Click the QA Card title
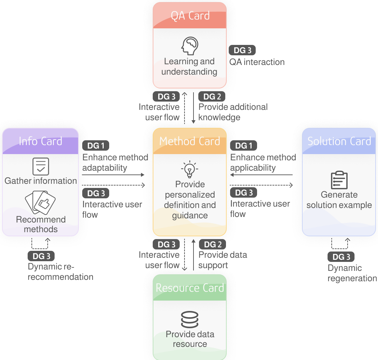[190, 16]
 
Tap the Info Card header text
[40, 141]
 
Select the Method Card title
[190, 141]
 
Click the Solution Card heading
[339, 141]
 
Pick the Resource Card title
[190, 288]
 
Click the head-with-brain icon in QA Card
[190, 46]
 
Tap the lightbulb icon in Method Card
[190, 169]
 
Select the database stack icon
[190, 320]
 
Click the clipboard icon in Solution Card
[339, 180]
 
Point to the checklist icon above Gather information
[41, 167]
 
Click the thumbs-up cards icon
[40, 202]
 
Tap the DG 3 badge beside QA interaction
[242, 50]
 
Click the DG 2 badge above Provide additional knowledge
[212, 96]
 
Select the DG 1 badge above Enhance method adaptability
[96, 145]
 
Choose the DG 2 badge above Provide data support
[212, 244]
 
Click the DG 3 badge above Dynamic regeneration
[341, 257]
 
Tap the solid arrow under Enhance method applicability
[261, 175]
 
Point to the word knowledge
[219, 117]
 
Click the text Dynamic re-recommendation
[60, 272]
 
